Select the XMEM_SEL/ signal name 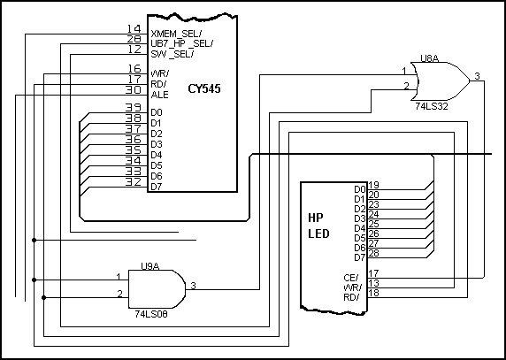(181, 33)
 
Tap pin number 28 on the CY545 (134, 40)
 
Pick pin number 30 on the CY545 (134, 89)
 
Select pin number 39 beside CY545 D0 (134, 108)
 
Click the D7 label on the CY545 (157, 186)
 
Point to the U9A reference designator (150, 264)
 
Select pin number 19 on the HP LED (374, 185)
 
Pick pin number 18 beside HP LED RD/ (374, 292)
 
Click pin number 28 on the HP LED (374, 253)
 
